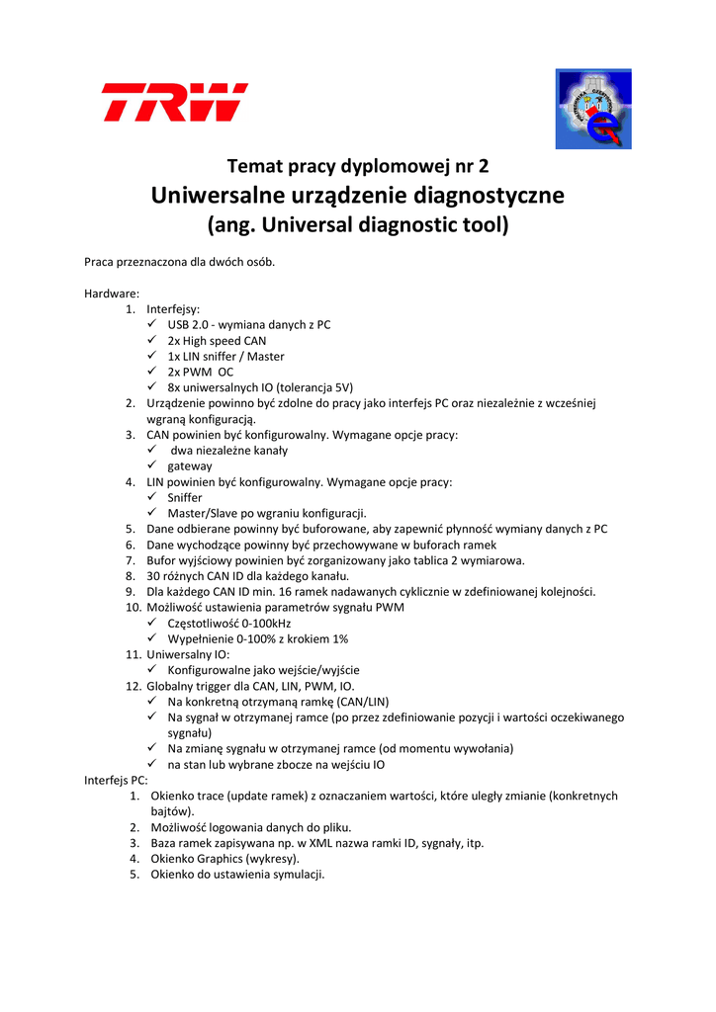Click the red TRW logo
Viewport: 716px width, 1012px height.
(174, 102)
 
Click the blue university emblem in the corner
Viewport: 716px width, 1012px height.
(592, 109)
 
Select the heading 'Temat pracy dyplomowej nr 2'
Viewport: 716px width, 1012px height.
(358, 165)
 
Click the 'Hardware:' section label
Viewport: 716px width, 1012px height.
(112, 294)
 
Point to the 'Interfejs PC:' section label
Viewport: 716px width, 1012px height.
(116, 780)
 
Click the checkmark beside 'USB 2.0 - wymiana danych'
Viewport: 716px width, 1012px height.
(151, 324)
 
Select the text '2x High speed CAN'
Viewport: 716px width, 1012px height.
(217, 340)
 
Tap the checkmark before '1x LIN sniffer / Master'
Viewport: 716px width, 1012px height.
(151, 356)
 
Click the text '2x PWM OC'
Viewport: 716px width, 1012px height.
(200, 372)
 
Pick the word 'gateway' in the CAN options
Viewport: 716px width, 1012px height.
(189, 465)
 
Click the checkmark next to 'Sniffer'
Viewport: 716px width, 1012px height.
(151, 497)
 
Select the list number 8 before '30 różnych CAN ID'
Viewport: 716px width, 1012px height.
(131, 575)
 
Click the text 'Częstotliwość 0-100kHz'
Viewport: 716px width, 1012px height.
(228, 623)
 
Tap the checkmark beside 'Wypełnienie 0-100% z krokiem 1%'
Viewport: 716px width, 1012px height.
(151, 638)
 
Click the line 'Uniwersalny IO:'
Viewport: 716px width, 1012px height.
(188, 654)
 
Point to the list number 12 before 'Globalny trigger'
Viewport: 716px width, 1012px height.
(133, 686)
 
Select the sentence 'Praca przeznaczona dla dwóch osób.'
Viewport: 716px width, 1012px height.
(179, 262)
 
